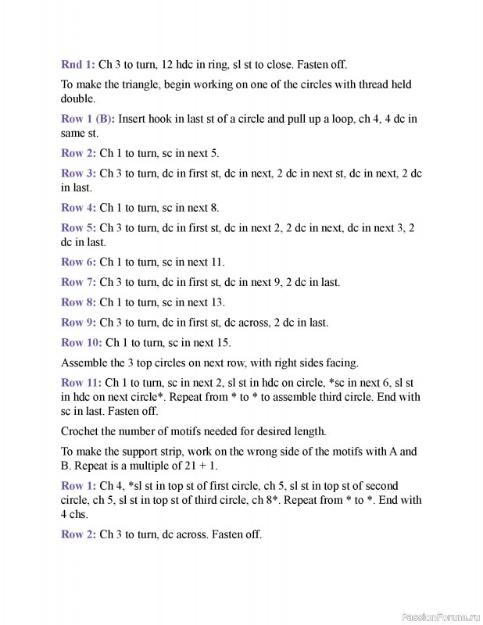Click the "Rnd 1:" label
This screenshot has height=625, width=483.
point(78,64)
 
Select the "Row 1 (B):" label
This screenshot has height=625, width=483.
point(88,119)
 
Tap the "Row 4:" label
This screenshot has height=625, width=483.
point(78,208)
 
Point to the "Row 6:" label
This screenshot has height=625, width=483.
point(78,262)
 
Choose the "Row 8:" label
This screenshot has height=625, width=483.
point(78,302)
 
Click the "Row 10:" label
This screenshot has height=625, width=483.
point(81,342)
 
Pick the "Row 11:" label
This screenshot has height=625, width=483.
point(81,382)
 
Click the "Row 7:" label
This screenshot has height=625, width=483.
point(78,282)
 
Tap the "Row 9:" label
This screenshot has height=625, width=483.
point(78,322)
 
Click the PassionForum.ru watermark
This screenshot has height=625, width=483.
point(440,616)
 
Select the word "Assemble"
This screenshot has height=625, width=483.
point(85,362)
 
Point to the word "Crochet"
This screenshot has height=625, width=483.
point(80,430)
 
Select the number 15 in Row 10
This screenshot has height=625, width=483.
point(224,342)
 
